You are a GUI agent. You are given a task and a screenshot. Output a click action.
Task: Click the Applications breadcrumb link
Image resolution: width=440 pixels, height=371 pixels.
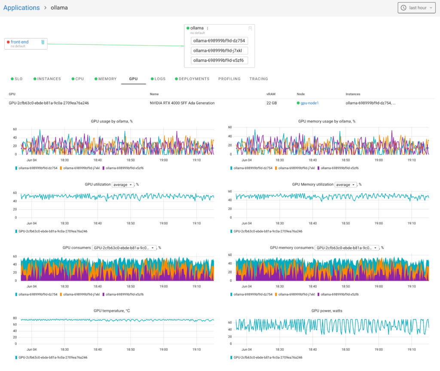coord(21,8)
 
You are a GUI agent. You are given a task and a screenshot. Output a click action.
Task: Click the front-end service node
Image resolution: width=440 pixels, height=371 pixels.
coord(20,42)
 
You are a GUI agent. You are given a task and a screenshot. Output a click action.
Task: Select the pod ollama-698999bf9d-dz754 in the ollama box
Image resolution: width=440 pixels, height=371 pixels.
coord(219,41)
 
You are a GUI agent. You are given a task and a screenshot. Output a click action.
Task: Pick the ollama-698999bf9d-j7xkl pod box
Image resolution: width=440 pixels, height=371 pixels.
coord(219,51)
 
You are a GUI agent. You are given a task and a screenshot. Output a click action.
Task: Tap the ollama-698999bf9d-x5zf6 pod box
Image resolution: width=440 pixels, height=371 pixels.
coord(219,61)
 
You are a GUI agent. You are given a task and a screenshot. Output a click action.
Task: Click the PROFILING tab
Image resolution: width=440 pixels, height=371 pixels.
coord(229,79)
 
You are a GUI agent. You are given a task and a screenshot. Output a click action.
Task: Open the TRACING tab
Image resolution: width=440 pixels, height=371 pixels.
coord(259,79)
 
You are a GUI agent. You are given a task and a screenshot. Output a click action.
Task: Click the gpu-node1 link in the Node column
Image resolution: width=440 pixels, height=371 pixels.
coord(309,103)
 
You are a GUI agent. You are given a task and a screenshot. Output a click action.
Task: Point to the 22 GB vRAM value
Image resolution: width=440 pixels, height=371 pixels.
coord(272,103)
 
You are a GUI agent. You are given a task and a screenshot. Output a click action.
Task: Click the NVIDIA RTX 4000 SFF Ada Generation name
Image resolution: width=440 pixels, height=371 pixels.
coord(182,103)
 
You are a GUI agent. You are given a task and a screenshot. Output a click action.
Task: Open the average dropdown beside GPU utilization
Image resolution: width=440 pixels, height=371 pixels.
coord(122,185)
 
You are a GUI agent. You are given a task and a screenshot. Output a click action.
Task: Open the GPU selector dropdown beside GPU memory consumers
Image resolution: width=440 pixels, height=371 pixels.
coord(347,248)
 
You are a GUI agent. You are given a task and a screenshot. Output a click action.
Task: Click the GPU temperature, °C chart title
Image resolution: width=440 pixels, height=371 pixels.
coord(113,311)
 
